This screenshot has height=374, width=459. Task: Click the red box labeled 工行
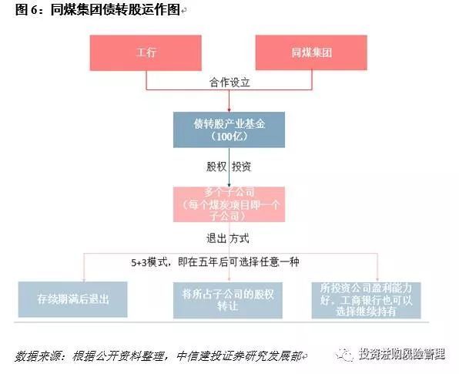point(146,52)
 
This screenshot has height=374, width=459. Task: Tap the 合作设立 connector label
point(230,81)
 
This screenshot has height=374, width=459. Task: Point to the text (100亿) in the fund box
point(229,137)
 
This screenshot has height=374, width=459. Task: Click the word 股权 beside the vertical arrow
point(214,166)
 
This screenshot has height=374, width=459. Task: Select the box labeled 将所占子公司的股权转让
point(229,300)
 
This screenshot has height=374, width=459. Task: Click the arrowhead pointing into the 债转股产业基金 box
point(229,109)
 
